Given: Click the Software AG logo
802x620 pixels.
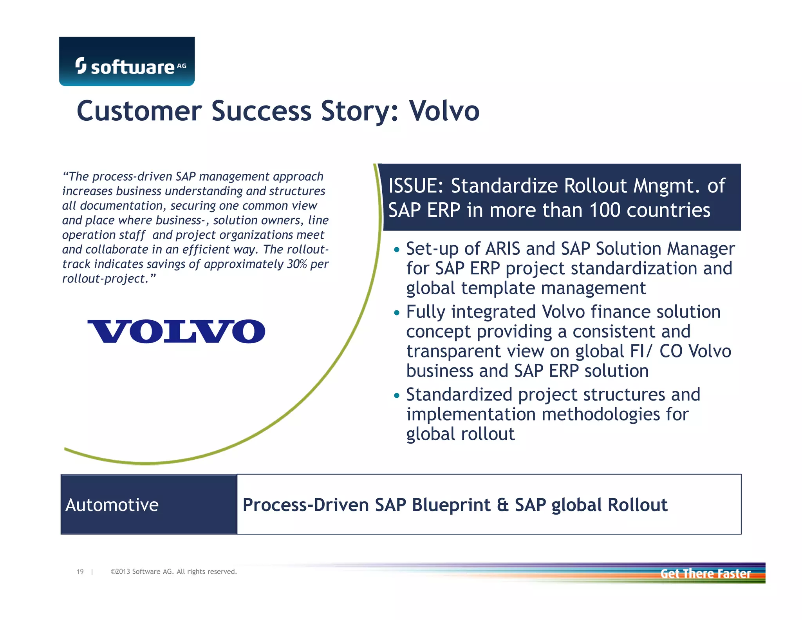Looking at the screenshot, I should tap(127, 62).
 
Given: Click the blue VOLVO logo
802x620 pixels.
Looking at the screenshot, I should tap(176, 332).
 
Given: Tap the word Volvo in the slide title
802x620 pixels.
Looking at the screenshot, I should tap(444, 111).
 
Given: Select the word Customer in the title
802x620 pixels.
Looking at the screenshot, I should tap(139, 111).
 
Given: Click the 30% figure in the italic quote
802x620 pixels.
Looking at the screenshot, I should tap(296, 264).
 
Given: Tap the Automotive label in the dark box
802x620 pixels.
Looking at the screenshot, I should tap(112, 505).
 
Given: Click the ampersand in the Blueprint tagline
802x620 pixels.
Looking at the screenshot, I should tap(502, 505).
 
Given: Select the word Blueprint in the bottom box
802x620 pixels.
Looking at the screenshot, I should tap(451, 505).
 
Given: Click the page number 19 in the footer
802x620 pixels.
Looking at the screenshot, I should tap(80, 572).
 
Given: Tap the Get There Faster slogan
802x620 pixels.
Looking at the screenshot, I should tap(705, 574).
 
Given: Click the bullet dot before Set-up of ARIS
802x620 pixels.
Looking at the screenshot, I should tap(397, 250).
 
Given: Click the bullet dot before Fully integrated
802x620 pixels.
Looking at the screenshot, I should tap(397, 313).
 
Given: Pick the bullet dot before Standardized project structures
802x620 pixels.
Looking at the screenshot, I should tap(397, 395).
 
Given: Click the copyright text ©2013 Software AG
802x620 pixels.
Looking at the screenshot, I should tap(173, 572).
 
